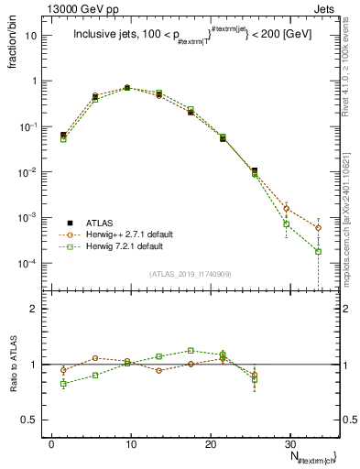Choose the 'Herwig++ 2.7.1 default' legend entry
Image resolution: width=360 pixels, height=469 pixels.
coord(126,234)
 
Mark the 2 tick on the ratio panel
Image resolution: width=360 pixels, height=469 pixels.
coord(41,309)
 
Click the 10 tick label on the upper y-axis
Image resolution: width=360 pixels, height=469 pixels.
coord(38,36)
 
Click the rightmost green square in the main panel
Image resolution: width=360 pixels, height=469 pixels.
coord(318,251)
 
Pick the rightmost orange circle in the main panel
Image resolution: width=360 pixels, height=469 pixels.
coord(318,228)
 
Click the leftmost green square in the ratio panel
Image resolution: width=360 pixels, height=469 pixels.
coord(63,384)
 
